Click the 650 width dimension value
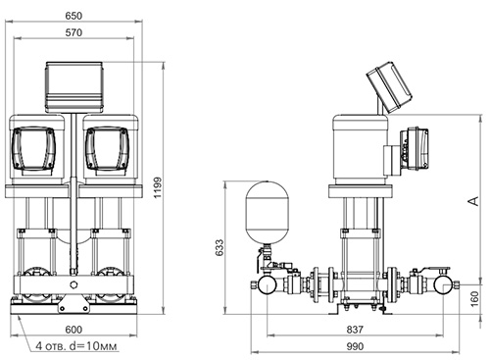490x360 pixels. pyautogui.click(x=73, y=16)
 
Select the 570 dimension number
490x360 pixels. pyautogui.click(x=73, y=32)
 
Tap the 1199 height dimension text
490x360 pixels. pyautogui.click(x=158, y=187)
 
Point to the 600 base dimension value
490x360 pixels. pyautogui.click(x=73, y=330)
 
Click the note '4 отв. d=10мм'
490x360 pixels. pyautogui.click(x=76, y=346)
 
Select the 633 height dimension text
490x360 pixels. pyautogui.click(x=220, y=247)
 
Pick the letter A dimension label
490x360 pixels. pyautogui.click(x=473, y=201)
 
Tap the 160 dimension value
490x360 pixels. pyautogui.click(x=474, y=299)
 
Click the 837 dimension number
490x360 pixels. pyautogui.click(x=355, y=330)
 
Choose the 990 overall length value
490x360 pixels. pyautogui.click(x=355, y=346)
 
